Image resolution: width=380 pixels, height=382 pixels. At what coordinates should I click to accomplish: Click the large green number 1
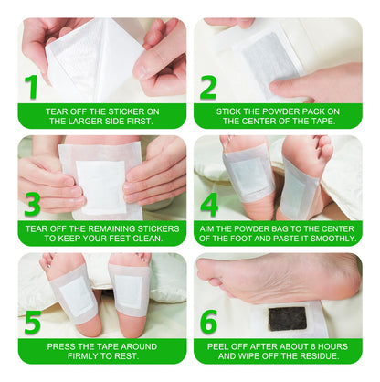click(31, 87)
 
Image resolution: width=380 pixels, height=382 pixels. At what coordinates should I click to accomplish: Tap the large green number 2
click(208, 88)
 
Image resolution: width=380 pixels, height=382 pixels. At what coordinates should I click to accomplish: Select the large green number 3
click(32, 205)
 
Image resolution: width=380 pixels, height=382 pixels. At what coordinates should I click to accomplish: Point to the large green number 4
click(209, 205)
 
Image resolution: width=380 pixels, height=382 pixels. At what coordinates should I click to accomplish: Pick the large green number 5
click(33, 322)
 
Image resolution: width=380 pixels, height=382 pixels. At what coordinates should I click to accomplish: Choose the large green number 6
click(209, 322)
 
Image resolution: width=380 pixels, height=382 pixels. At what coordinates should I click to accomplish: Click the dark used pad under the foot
click(287, 318)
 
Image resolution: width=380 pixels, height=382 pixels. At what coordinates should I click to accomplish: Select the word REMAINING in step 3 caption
click(110, 228)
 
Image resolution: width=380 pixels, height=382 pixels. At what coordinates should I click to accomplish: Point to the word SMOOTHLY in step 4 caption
click(332, 239)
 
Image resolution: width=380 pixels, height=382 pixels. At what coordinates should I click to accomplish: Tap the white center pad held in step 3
click(101, 186)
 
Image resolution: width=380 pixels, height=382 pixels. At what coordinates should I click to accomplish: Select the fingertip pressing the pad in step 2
click(278, 86)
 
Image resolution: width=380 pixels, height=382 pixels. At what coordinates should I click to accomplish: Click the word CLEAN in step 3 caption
click(147, 239)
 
